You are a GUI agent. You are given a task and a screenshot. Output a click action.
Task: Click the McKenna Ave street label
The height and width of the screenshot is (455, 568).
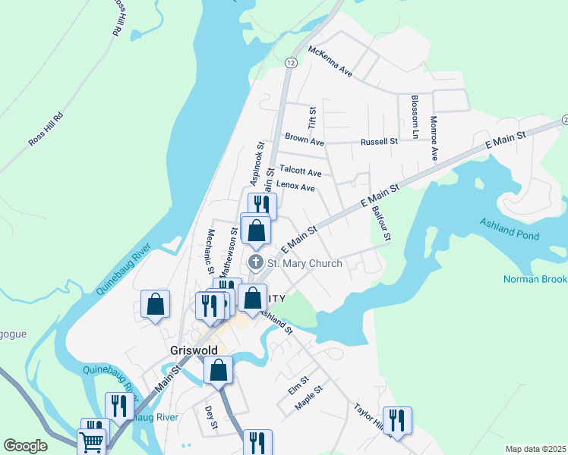[330, 61]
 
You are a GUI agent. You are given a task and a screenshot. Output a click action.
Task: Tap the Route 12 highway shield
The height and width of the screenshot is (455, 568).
[291, 61]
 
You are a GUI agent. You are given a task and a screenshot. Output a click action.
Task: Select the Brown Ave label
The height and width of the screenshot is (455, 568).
[305, 140]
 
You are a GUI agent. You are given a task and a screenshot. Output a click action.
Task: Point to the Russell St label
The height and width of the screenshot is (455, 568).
[379, 141]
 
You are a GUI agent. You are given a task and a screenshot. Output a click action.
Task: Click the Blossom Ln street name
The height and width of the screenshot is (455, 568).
[415, 116]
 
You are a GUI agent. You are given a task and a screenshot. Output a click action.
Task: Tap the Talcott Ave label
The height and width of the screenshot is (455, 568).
[300, 171]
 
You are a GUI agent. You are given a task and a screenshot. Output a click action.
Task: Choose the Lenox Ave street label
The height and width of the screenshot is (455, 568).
[295, 187]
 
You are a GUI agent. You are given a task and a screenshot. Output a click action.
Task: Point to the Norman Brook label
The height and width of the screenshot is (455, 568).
[535, 279]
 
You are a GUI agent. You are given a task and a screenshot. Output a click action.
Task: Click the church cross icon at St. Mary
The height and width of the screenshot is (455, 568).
[256, 263]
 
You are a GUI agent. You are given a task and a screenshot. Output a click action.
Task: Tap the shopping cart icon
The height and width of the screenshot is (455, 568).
[92, 442]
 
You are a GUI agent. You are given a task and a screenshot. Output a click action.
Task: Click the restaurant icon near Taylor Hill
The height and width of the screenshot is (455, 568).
[397, 419]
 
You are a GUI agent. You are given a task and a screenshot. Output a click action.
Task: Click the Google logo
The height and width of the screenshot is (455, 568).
[26, 446]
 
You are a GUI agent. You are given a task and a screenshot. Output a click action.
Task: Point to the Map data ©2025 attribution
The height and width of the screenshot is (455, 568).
[535, 449]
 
